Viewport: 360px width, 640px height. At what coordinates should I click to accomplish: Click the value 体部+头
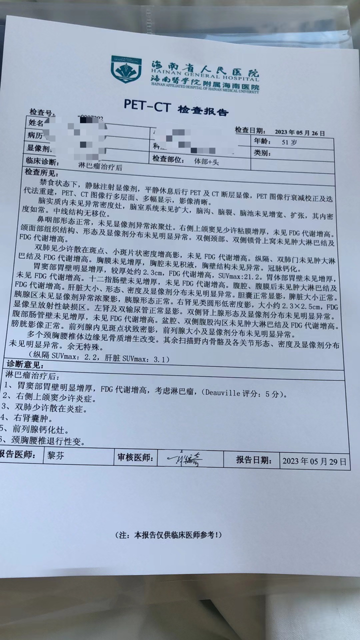206,161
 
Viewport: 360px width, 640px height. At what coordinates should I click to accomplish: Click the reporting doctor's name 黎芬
55,456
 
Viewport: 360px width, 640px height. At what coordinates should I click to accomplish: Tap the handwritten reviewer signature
185,458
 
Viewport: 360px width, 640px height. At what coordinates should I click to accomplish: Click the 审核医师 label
135,456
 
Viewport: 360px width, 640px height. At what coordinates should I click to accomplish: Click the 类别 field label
263,152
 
